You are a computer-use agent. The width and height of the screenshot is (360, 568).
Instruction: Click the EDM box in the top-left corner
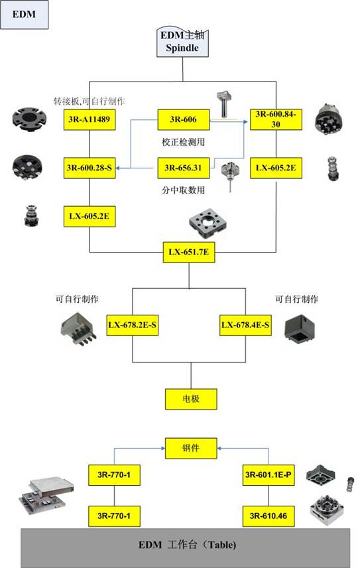(24, 15)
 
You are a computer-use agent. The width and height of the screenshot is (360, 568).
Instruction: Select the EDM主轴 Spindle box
(182, 42)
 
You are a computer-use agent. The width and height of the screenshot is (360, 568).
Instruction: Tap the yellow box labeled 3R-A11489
(90, 119)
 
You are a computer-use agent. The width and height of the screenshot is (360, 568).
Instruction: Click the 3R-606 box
(184, 119)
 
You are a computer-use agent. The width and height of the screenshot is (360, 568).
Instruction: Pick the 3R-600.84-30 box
(276, 119)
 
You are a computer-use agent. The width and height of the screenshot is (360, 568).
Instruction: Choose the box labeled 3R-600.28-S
(90, 168)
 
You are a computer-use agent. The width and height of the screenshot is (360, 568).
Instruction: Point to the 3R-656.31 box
(184, 168)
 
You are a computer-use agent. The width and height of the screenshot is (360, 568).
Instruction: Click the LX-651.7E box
(189, 252)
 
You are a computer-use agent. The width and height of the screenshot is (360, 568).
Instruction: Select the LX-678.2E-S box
(133, 325)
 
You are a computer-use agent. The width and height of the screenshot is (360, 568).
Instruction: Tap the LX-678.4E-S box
(245, 325)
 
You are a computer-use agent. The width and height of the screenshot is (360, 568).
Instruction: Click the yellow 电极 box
(191, 399)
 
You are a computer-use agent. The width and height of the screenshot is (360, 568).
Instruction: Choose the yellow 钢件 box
(191, 449)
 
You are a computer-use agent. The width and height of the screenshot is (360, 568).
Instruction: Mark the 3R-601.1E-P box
(269, 475)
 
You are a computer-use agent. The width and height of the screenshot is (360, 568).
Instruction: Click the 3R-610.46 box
(269, 516)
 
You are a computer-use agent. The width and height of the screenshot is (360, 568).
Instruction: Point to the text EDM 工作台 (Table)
(187, 545)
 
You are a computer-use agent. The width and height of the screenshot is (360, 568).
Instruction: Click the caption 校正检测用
(184, 142)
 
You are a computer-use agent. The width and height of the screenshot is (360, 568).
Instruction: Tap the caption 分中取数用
(184, 190)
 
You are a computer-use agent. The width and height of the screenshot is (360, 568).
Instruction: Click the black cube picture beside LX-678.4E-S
(300, 329)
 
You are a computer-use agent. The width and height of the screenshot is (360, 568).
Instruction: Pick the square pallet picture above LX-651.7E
(208, 223)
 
